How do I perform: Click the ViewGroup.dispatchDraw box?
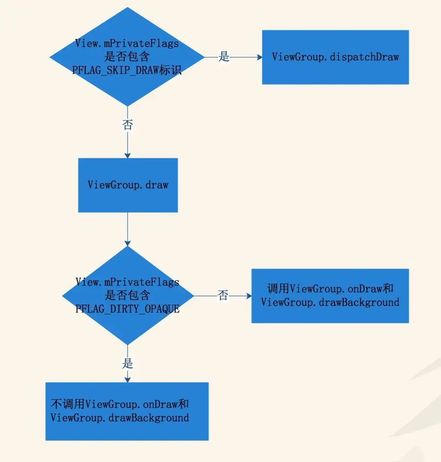coord(335,57)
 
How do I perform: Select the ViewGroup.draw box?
coord(128,185)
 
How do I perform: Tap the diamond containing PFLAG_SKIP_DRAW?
coord(127,57)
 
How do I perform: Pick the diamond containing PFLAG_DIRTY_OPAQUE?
coord(128,295)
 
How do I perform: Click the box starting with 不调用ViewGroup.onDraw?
coord(127,411)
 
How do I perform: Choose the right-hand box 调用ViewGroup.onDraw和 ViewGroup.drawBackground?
coord(330,295)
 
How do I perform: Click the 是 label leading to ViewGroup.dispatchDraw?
coord(224,57)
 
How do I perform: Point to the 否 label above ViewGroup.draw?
coord(128,125)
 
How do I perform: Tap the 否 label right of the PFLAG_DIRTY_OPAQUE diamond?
coord(222,295)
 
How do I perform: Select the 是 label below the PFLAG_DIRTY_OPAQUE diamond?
coord(128,363)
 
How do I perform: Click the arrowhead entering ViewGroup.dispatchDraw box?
coord(259,57)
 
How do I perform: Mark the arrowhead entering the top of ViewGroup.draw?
coord(128,155)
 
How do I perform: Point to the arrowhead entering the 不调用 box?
coord(128,379)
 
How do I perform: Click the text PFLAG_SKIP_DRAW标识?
coord(127,70)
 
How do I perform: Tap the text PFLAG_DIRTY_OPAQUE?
coord(128,309)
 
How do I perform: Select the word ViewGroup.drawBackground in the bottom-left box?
coord(120,417)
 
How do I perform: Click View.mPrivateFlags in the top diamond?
coord(127,43)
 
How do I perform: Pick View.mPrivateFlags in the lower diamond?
coord(128,282)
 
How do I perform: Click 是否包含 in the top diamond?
coord(127,57)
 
